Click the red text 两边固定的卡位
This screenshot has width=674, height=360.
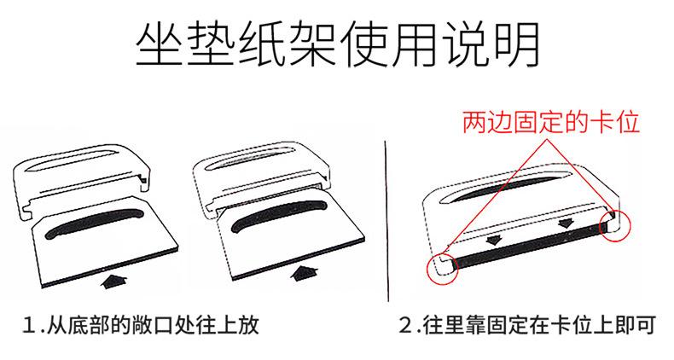[x=551, y=123]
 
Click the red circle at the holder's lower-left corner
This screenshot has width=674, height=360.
[x=442, y=268]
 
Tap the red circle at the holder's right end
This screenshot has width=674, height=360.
[x=615, y=225]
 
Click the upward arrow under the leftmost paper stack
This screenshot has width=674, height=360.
[x=113, y=280]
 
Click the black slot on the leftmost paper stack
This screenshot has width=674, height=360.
[x=94, y=222]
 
